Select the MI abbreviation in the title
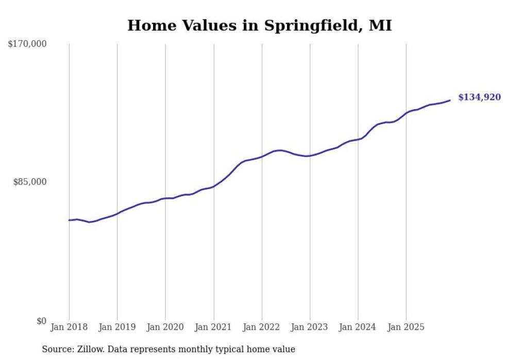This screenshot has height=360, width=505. [380, 25]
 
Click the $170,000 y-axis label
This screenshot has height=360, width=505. [27, 44]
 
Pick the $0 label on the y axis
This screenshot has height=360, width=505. [41, 321]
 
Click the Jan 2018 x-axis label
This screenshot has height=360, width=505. [69, 327]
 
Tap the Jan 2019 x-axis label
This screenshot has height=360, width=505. [117, 327]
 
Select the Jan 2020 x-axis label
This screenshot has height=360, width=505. [165, 327]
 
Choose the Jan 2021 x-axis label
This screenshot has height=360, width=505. [213, 327]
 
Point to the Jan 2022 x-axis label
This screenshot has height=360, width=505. [262, 327]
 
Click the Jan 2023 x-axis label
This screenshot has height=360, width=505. [310, 327]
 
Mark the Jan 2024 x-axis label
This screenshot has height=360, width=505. [358, 327]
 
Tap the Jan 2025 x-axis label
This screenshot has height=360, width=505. [406, 327]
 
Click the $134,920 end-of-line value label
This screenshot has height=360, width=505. [479, 97]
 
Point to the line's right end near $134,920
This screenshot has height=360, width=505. [450, 100]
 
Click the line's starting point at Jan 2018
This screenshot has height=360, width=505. [69, 220]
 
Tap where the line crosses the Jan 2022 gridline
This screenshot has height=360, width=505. [262, 156]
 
